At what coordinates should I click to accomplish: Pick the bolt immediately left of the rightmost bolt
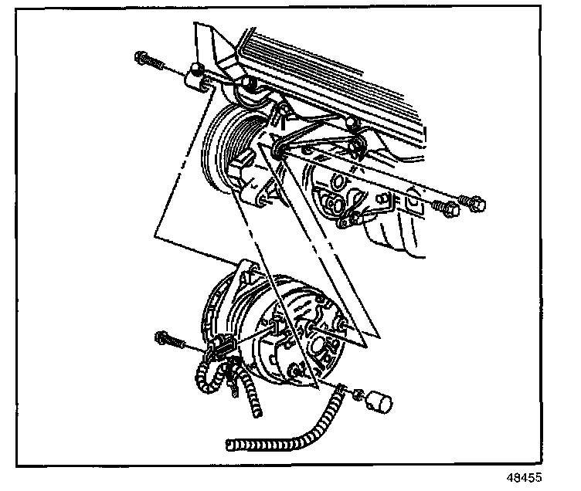444,208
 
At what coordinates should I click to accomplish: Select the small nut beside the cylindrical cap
357,395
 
